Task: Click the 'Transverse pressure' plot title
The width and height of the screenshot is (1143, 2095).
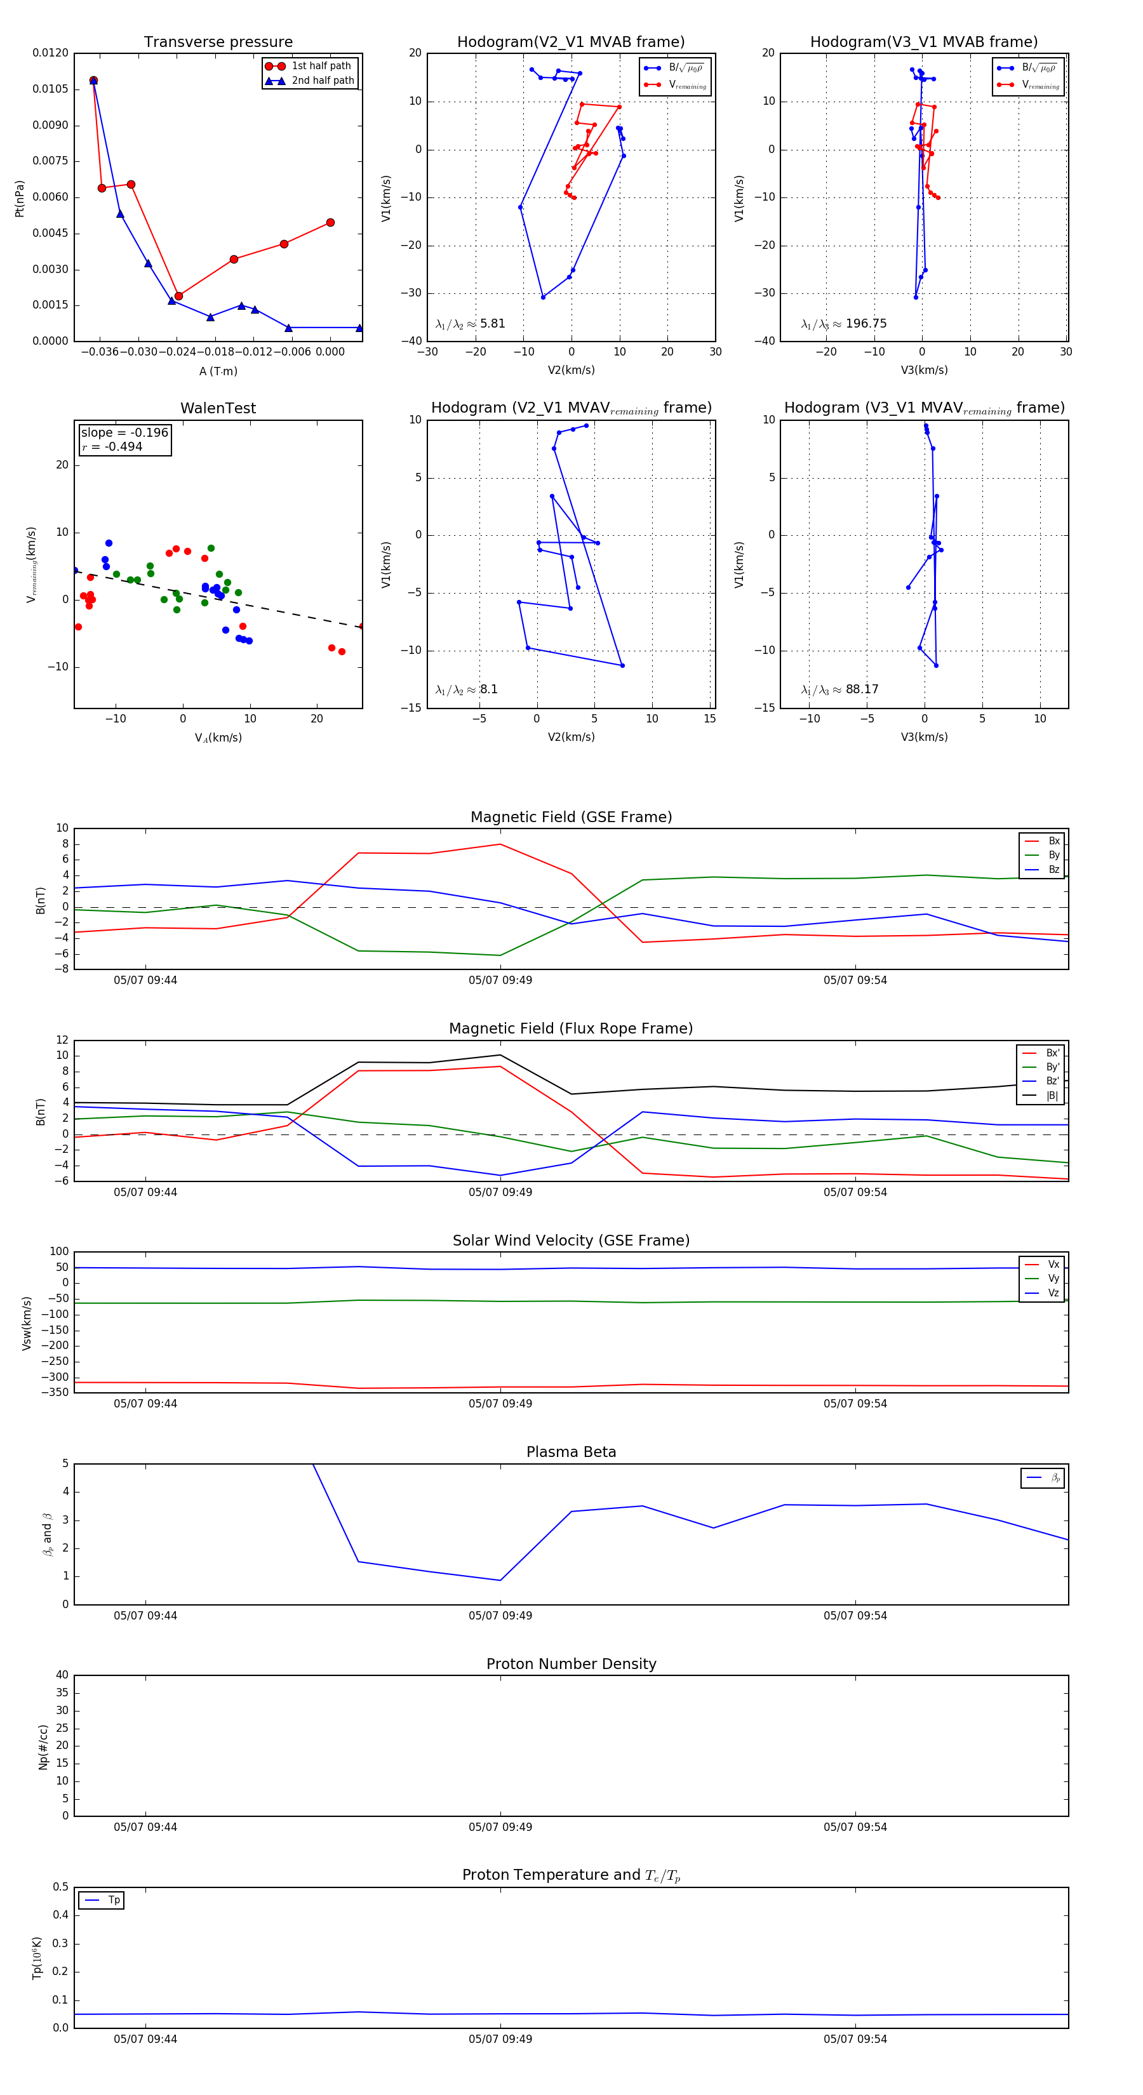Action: [x=218, y=43]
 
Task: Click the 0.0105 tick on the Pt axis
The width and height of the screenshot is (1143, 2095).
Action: [x=50, y=89]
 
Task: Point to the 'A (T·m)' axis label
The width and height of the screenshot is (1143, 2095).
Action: [x=218, y=371]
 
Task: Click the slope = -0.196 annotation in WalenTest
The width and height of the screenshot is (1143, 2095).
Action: [x=124, y=433]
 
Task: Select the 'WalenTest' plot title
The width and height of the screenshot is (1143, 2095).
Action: [x=218, y=408]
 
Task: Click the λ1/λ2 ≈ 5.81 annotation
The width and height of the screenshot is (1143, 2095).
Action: [x=470, y=324]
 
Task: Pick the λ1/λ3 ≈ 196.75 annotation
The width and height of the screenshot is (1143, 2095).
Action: [x=844, y=324]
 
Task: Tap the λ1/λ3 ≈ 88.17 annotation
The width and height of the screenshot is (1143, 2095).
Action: [x=839, y=689]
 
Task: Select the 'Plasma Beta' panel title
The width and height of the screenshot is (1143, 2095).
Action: [x=571, y=1452]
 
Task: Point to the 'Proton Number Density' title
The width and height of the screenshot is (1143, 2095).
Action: [x=571, y=1664]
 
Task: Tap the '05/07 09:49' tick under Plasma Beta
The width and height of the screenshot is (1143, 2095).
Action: [x=500, y=1615]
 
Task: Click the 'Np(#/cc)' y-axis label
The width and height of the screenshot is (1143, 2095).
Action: [x=43, y=1747]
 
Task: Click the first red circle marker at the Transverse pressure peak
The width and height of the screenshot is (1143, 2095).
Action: [x=93, y=81]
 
